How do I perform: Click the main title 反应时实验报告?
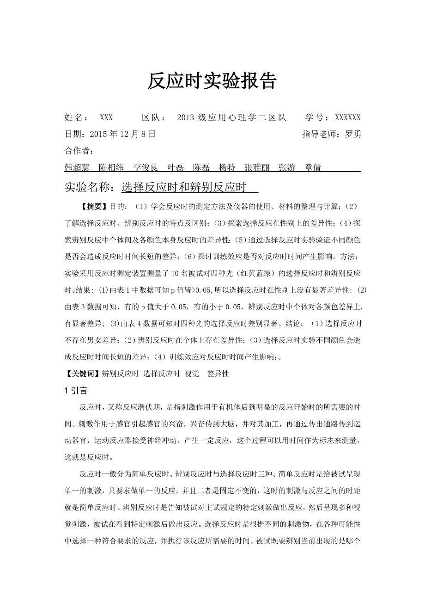click(212, 81)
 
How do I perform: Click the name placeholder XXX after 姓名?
click(106, 117)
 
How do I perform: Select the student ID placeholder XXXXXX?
click(348, 117)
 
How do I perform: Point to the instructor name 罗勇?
click(353, 134)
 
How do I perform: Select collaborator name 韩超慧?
click(77, 167)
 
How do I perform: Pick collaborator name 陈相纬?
click(111, 167)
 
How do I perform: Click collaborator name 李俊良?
click(146, 167)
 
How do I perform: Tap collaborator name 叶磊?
click(176, 167)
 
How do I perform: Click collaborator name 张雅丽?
click(257, 167)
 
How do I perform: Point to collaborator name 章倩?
click(313, 167)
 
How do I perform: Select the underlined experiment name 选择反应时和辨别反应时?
click(183, 187)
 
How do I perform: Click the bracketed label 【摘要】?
click(95, 205)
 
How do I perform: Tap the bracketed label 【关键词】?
click(83, 374)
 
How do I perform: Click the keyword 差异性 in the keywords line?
click(218, 374)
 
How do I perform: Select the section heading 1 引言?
click(75, 391)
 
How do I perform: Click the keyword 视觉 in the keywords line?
click(192, 374)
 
